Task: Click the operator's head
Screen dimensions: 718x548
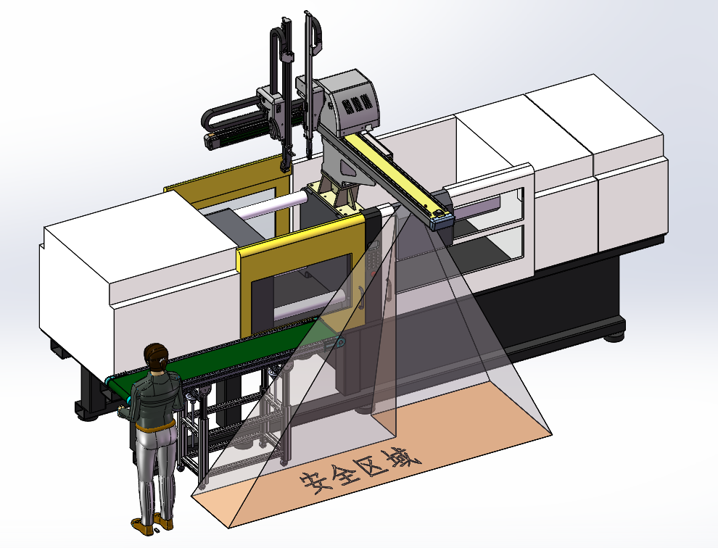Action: [155, 356]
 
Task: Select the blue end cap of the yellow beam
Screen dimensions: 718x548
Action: [441, 221]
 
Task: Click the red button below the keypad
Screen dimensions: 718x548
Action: [374, 274]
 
